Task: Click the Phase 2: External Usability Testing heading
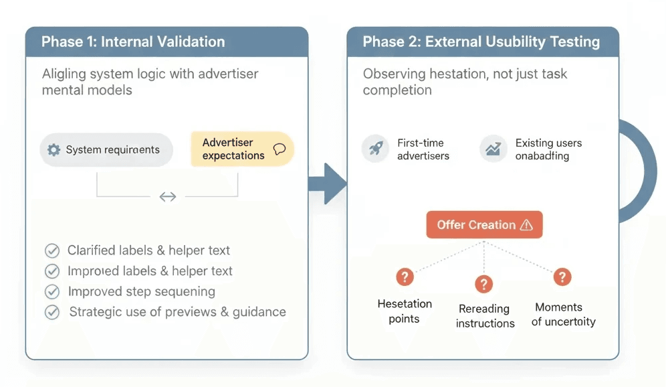point(481,42)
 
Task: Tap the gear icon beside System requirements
point(54,150)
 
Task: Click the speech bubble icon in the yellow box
point(280,149)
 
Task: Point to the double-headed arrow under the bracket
point(167,196)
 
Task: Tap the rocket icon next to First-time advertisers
point(376,149)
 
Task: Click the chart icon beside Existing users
point(493,149)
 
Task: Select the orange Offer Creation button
point(484,225)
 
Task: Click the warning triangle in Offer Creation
point(526,225)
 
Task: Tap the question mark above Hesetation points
point(405,277)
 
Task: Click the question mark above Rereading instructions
point(484,284)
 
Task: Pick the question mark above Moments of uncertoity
point(562,277)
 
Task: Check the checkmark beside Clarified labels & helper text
point(51,251)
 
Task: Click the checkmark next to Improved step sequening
point(51,292)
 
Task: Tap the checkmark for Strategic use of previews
point(51,312)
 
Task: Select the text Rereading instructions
point(485,316)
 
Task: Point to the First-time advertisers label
point(423,149)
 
